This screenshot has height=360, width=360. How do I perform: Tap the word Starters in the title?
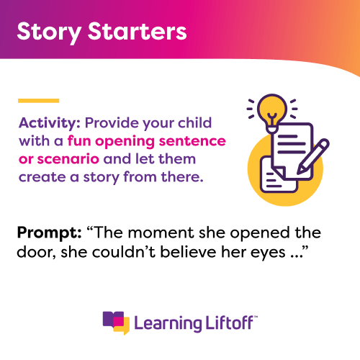[132, 32]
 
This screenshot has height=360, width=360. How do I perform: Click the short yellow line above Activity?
[38, 100]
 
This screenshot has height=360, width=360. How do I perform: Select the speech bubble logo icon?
[116, 320]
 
